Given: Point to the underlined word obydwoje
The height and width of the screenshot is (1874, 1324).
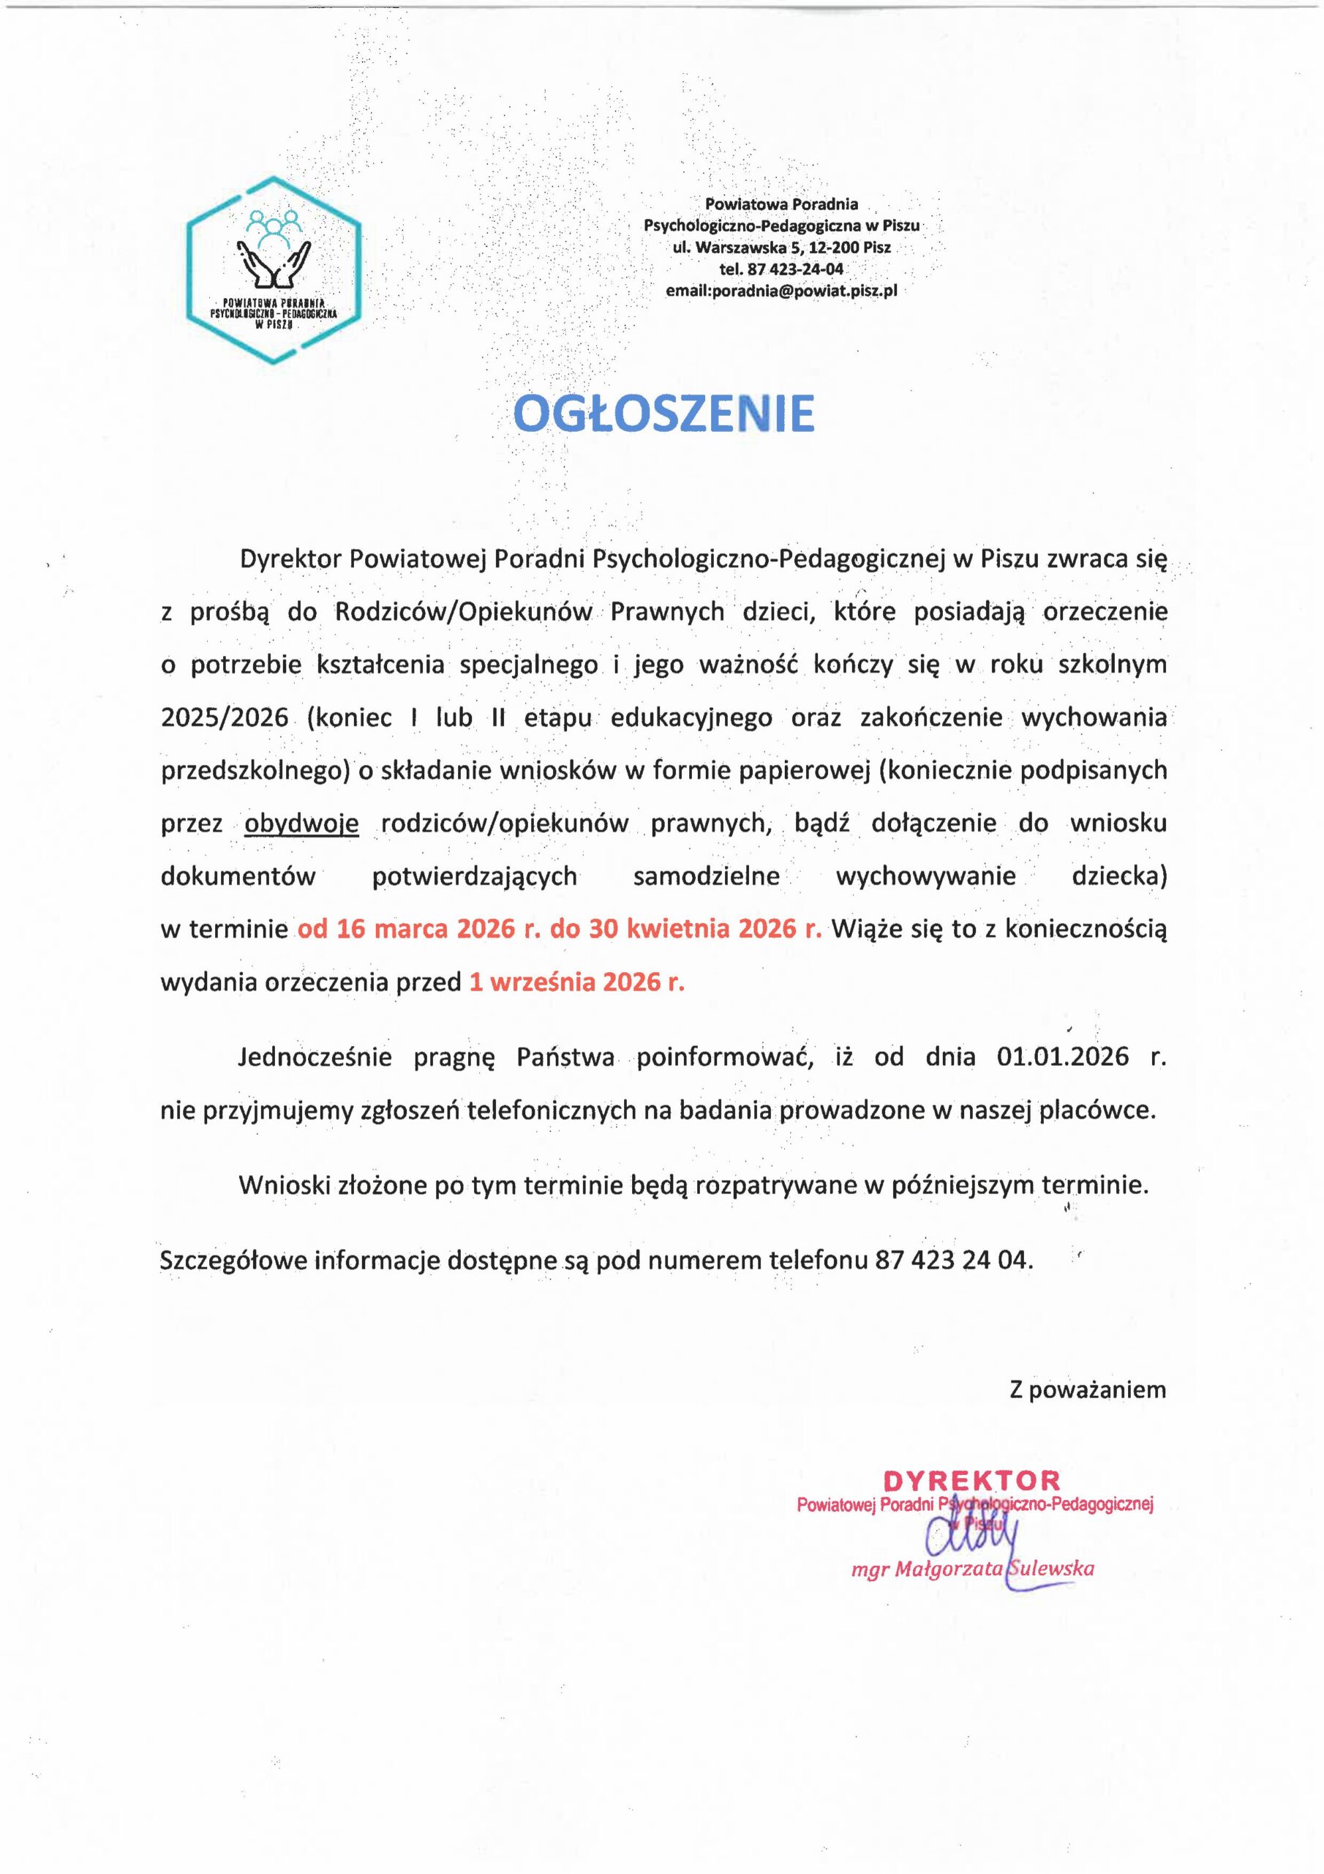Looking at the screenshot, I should click(x=301, y=824).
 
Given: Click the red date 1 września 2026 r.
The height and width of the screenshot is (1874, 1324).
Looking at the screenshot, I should click(x=576, y=982).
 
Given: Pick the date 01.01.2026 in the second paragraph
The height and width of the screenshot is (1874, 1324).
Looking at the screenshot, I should click(x=1062, y=1057).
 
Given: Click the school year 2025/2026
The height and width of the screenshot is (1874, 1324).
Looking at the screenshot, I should click(x=225, y=717).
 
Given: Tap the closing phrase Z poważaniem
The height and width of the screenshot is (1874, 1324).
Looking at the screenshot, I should click(x=1088, y=1389).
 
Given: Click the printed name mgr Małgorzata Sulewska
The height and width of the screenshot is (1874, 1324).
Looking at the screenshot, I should click(x=972, y=1569).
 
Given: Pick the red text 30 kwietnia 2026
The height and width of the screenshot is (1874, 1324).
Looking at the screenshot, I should click(x=682, y=929).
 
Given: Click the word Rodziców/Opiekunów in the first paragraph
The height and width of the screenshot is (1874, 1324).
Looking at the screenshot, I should click(x=463, y=611).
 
